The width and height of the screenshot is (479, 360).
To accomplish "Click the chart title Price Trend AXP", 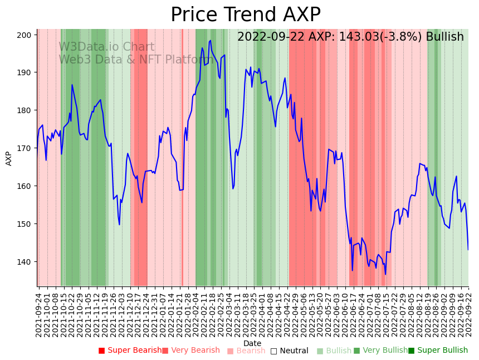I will [x=245, y=15].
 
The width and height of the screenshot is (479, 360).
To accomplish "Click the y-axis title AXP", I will [x=9, y=158].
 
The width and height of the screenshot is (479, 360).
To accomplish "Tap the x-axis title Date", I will [x=252, y=343].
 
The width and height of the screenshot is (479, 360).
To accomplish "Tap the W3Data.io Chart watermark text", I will [x=106, y=47].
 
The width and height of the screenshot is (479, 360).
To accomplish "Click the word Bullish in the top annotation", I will [x=444, y=37].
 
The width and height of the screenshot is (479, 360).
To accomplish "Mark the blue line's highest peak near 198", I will [x=210, y=40].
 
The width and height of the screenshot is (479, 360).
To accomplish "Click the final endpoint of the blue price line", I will [x=468, y=250].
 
